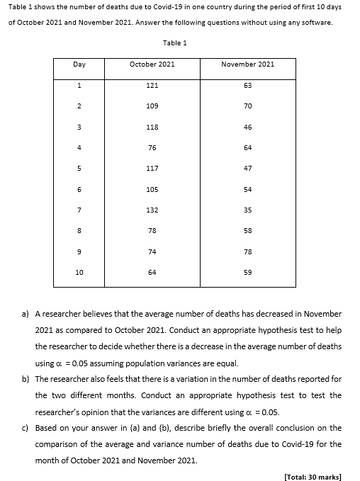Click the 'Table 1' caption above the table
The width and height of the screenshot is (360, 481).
(x=174, y=43)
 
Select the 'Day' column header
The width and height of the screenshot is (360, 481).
(x=79, y=64)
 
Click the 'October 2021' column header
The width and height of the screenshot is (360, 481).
(x=152, y=64)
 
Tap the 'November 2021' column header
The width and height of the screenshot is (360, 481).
(x=247, y=64)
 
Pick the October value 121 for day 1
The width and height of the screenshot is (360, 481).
(x=152, y=85)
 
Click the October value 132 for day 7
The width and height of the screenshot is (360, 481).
(x=152, y=210)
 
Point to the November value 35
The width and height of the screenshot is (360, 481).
(x=247, y=210)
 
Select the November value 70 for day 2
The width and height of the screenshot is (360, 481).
(x=247, y=106)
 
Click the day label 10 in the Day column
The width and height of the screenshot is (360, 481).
(x=79, y=273)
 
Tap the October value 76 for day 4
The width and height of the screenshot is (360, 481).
(x=152, y=148)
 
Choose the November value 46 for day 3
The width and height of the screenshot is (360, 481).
(x=247, y=127)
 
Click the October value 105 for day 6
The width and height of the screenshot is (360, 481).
(x=152, y=189)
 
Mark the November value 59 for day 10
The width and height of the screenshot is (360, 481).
(x=247, y=273)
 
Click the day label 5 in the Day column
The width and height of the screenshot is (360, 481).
(x=79, y=169)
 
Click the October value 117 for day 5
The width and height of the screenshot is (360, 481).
(x=152, y=169)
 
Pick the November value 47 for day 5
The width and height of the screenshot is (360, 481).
(x=247, y=169)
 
